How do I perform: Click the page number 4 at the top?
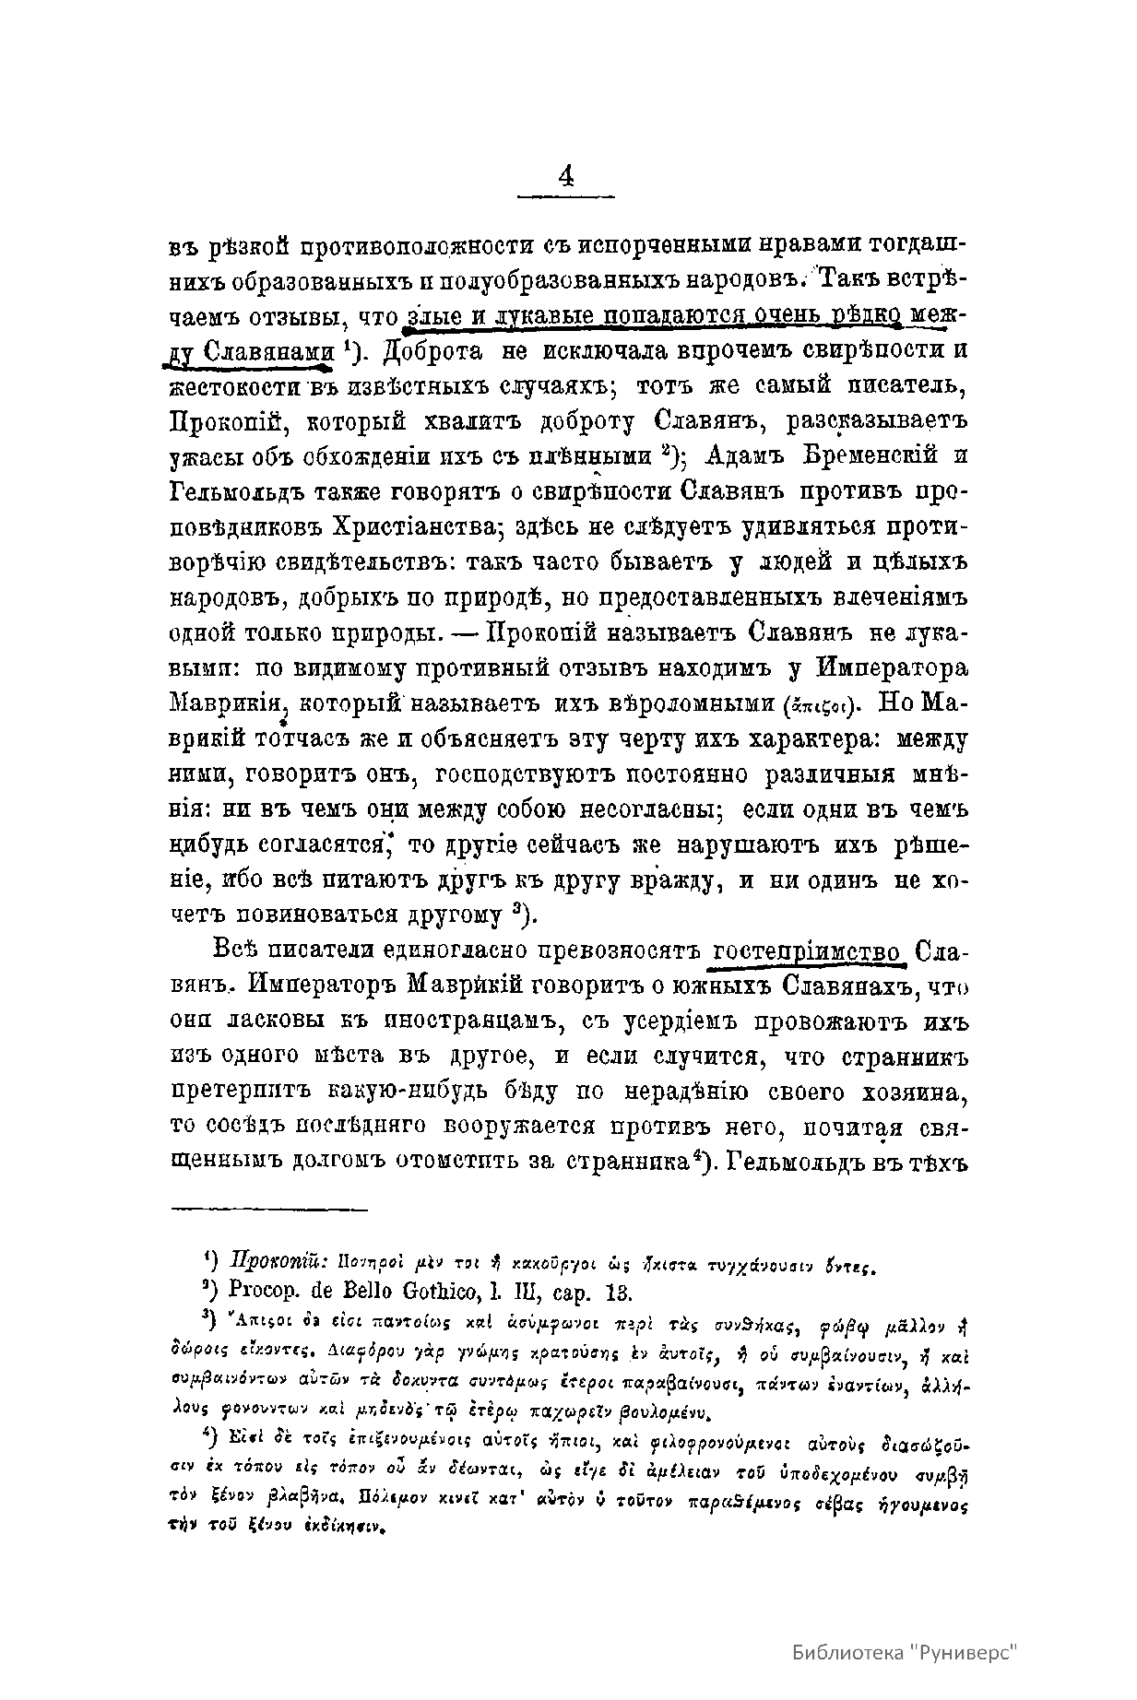(x=565, y=175)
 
